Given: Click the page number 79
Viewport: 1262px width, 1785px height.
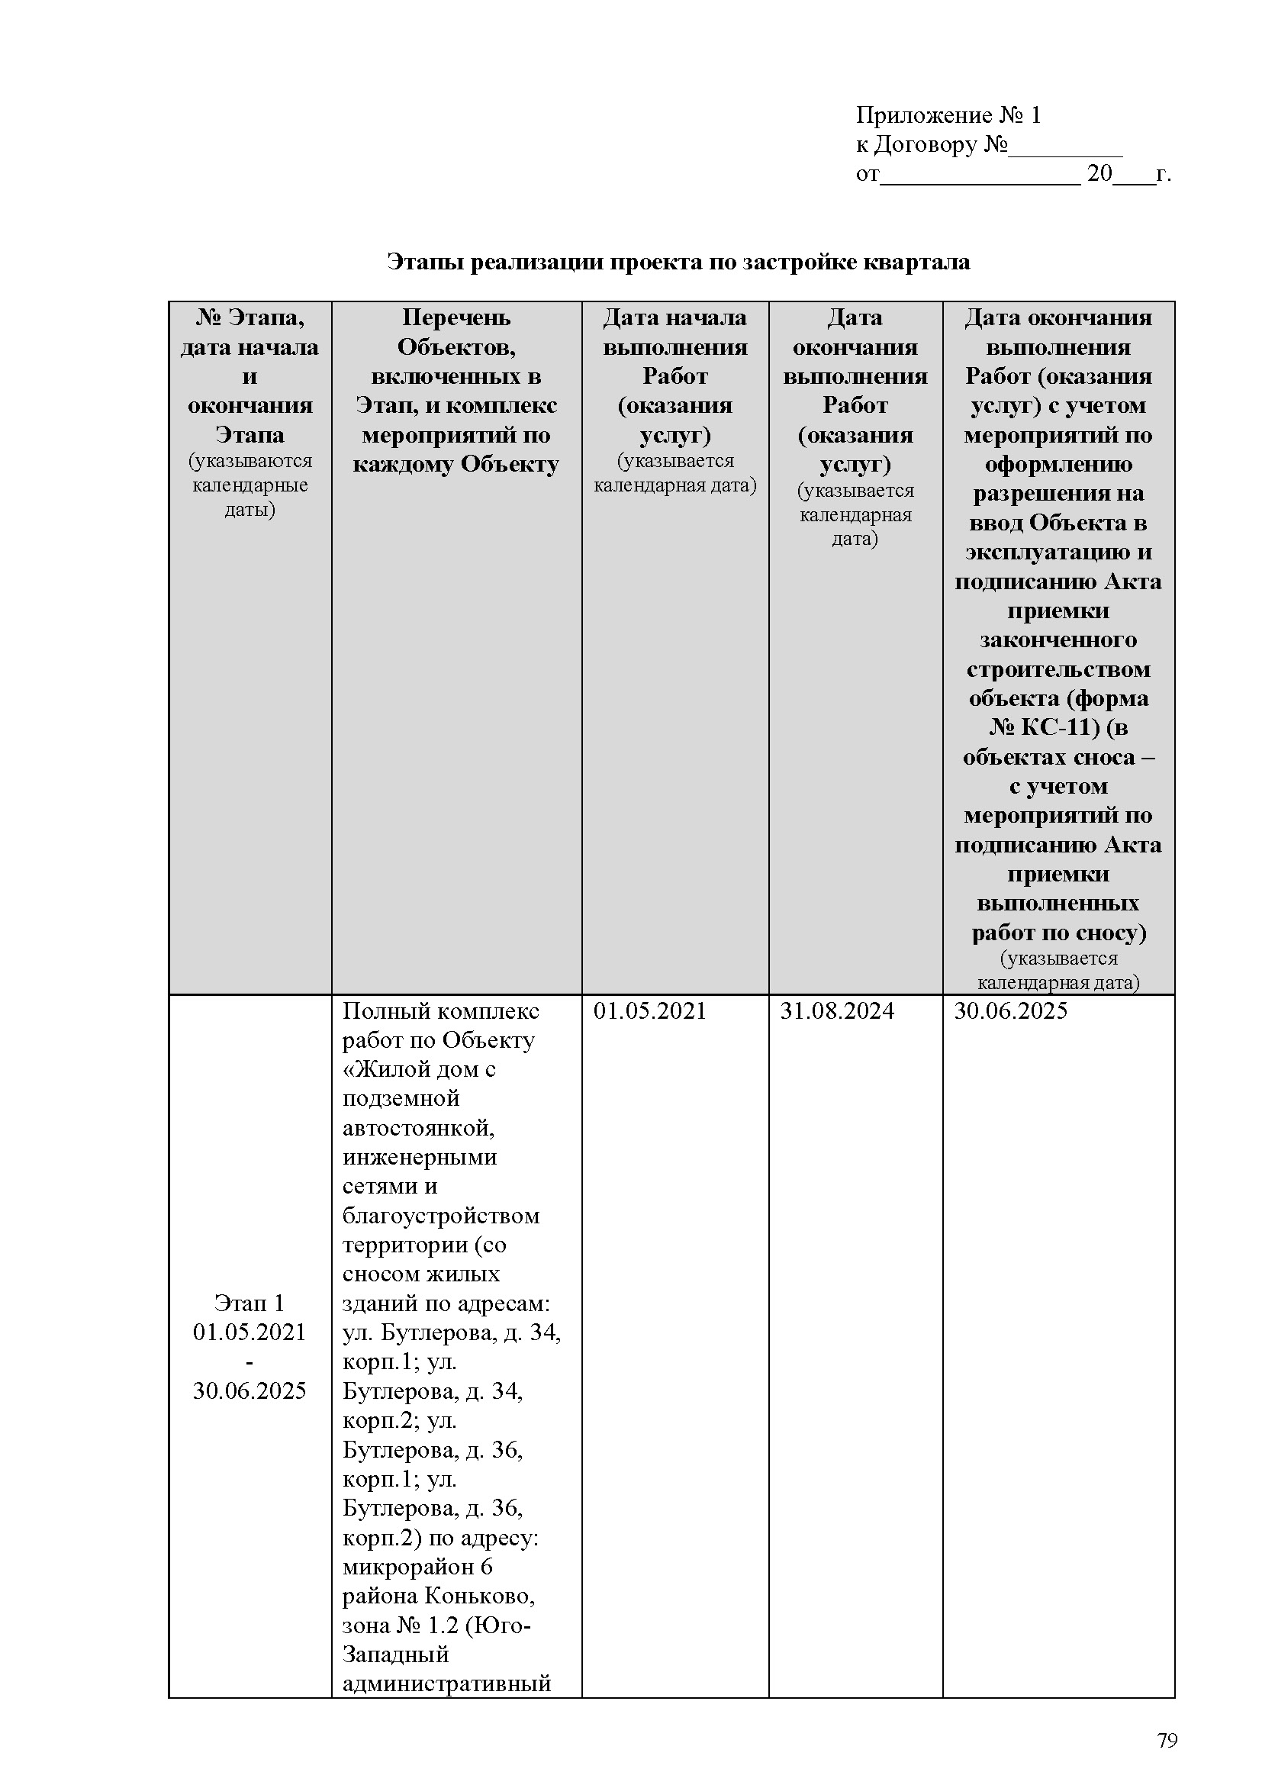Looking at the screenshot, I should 1167,1740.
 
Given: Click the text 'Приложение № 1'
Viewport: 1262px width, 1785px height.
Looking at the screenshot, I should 948,116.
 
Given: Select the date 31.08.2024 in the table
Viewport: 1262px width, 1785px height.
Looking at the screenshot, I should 837,1010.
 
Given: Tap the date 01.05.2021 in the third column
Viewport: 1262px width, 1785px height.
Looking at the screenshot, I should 649,1010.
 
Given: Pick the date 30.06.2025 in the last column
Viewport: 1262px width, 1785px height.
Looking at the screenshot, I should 1010,1010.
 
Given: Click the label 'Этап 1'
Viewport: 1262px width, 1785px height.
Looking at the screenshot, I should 250,1302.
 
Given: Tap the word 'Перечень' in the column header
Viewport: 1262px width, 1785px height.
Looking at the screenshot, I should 456,317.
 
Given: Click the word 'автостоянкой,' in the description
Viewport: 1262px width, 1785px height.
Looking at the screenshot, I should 419,1127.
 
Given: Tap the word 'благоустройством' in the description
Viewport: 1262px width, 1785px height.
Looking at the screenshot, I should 440,1215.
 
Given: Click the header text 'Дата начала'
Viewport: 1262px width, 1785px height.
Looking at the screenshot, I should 674,317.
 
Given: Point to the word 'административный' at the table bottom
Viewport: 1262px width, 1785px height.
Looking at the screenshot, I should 447,1684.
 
